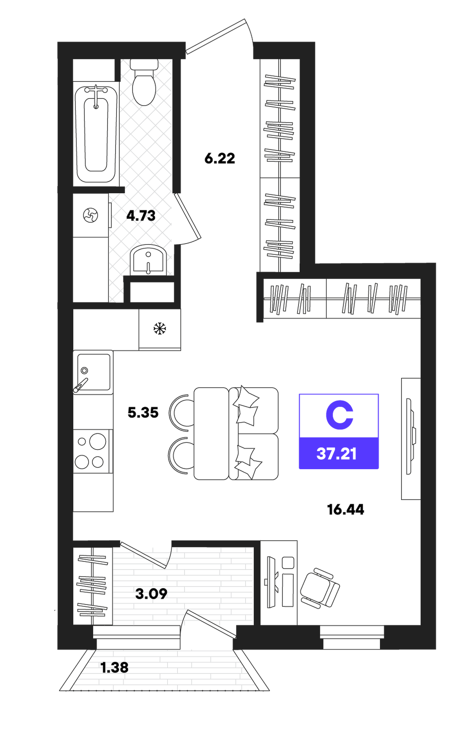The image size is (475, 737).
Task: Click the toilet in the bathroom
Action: pyautogui.click(x=144, y=82)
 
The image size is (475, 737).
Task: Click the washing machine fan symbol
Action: pyautogui.click(x=91, y=216)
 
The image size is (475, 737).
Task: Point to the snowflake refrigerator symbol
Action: pyautogui.click(x=160, y=328)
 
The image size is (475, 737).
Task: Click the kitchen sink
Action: pyautogui.click(x=93, y=372)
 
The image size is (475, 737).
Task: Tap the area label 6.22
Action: pyautogui.click(x=220, y=159)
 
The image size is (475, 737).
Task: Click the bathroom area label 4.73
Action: pyautogui.click(x=141, y=216)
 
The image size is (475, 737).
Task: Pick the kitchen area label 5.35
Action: pyautogui.click(x=143, y=412)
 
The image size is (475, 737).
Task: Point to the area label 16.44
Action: pyautogui.click(x=345, y=510)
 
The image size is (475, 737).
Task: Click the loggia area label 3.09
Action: pyautogui.click(x=151, y=594)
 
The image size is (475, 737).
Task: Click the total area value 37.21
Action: pyautogui.click(x=337, y=454)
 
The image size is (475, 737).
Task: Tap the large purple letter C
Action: pyautogui.click(x=339, y=415)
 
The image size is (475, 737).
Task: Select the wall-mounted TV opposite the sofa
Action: pyautogui.click(x=411, y=436)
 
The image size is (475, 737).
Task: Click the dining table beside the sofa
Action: pyautogui.click(x=211, y=433)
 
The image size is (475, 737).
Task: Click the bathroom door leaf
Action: pyautogui.click(x=188, y=216)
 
